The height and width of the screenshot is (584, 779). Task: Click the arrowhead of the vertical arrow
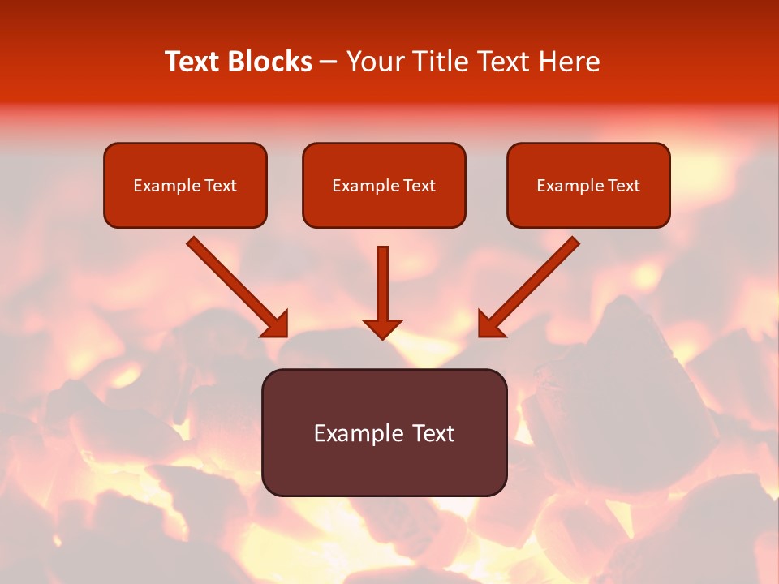(382, 328)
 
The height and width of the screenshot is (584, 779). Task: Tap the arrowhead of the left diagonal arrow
(276, 324)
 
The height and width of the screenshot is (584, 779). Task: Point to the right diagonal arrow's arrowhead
(490, 324)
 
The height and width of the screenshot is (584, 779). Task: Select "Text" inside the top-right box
(624, 186)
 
